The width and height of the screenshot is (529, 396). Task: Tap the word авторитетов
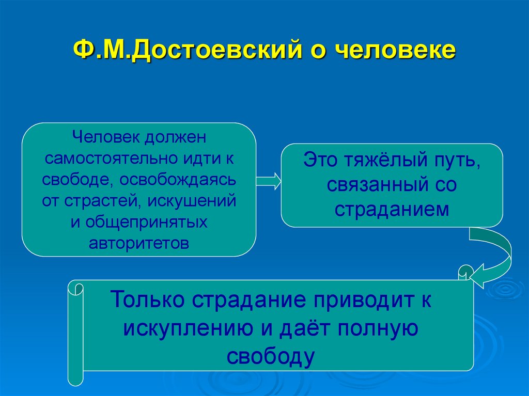point(138,242)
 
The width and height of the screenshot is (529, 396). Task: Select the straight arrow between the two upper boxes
point(269,181)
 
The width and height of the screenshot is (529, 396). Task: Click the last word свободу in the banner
point(270,357)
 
